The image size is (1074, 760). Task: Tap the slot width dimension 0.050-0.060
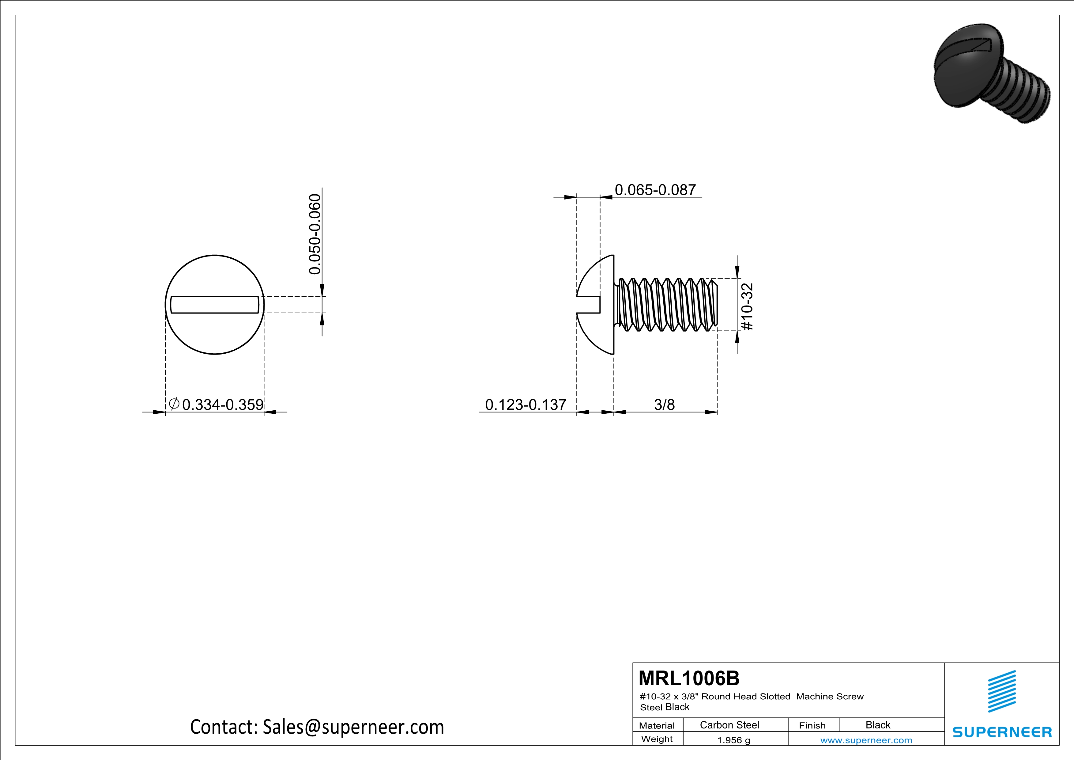[x=315, y=234]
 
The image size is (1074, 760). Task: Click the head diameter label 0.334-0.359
[x=223, y=404]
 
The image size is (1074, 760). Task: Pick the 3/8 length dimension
[x=664, y=404]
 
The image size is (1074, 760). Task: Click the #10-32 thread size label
[x=747, y=306]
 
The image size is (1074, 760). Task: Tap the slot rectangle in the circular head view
[x=215, y=305]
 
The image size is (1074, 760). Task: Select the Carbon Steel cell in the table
[x=729, y=725]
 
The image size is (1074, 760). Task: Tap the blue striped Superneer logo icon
[x=1001, y=691]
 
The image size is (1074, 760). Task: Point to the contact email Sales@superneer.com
[x=353, y=727]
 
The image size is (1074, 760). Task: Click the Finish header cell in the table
[x=812, y=725]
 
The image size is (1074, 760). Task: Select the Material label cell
[x=657, y=725]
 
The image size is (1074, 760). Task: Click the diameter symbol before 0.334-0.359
[x=174, y=403]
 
